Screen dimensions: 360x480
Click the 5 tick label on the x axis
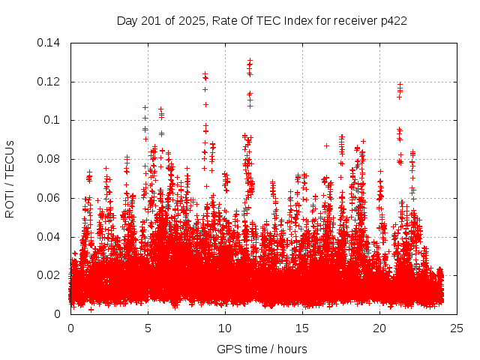(x=148, y=328)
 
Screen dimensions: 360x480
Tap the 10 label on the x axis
(x=225, y=328)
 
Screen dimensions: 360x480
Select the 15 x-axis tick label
(x=302, y=328)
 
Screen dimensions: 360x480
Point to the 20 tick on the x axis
(x=379, y=328)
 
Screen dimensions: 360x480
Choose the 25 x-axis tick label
(x=457, y=328)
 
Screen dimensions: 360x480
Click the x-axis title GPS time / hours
(x=262, y=349)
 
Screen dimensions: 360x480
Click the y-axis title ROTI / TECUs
(x=10, y=178)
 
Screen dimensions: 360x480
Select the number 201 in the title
(x=146, y=20)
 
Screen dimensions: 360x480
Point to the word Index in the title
(x=293, y=20)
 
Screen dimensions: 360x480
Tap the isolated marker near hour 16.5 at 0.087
(x=326, y=145)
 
